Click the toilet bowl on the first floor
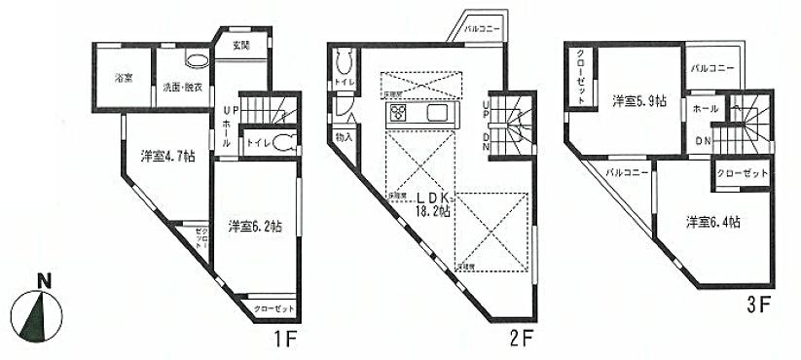click(x=282, y=143)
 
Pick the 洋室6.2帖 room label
click(x=255, y=226)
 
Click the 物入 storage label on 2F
click(x=344, y=138)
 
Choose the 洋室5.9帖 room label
click(x=638, y=99)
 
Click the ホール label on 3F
click(x=706, y=110)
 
